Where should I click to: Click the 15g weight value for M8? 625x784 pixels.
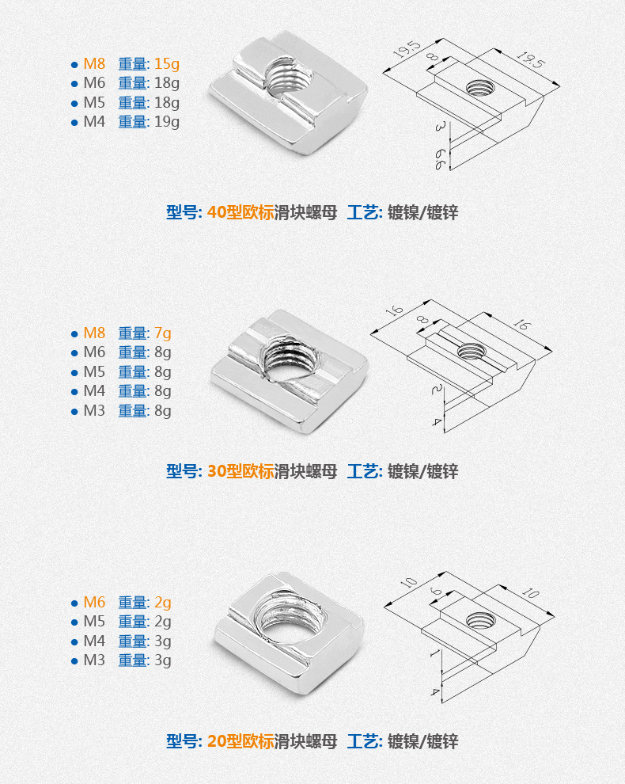[x=166, y=64]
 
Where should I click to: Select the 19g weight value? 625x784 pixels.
[x=166, y=122]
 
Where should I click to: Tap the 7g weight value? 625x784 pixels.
[x=162, y=333]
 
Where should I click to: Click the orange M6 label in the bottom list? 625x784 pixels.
[x=94, y=603]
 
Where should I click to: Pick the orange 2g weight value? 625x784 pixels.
[x=162, y=603]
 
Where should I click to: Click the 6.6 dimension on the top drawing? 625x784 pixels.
[x=440, y=158]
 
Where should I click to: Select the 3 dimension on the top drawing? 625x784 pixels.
[x=439, y=127]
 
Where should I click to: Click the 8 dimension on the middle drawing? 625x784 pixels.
[x=423, y=319]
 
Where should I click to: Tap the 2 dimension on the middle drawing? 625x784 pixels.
[x=437, y=389]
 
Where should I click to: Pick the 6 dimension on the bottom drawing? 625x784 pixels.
[x=437, y=591]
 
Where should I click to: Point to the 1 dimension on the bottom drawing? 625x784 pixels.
[x=434, y=653]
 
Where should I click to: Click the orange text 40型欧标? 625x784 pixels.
[x=241, y=212]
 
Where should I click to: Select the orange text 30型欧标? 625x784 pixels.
[x=241, y=471]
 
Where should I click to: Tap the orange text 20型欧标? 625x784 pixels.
[x=241, y=741]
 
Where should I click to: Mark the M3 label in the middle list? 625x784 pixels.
[x=94, y=410]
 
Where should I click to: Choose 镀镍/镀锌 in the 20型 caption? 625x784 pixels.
[x=422, y=741]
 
